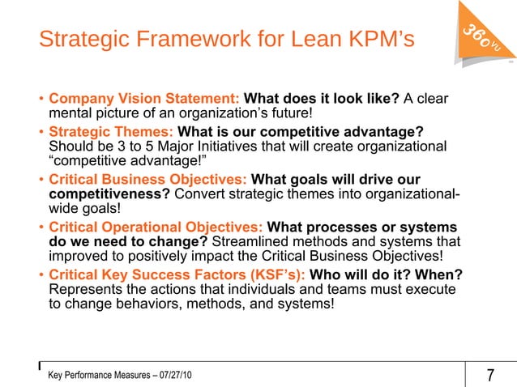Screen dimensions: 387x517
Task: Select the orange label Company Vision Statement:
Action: tap(143, 99)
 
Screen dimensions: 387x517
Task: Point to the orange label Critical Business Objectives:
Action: tap(149, 178)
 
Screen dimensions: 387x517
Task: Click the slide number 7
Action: tap(490, 376)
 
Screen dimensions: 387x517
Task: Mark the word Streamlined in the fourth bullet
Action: tap(254, 242)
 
